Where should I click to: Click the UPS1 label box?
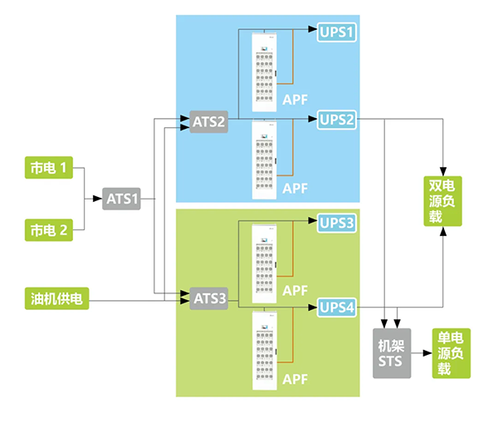[x=337, y=32]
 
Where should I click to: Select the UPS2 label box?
[x=337, y=121]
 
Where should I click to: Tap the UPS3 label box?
[x=337, y=223]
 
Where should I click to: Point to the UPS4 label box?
[x=337, y=308]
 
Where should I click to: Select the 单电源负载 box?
[x=450, y=353]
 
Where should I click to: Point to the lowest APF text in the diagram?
[x=295, y=378]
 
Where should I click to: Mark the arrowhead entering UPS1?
[x=314, y=32]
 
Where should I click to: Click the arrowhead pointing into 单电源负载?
[x=425, y=353]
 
